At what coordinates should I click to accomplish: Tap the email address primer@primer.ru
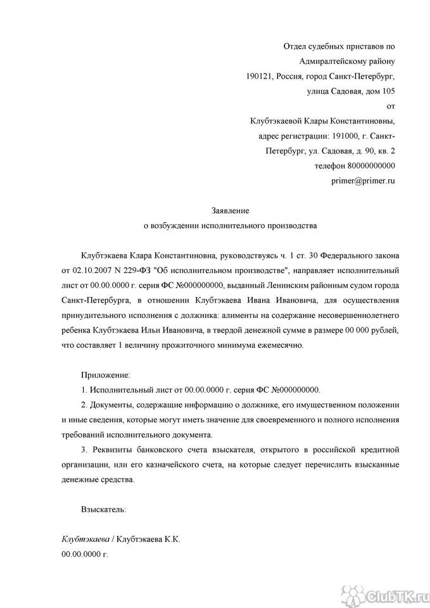coord(363,180)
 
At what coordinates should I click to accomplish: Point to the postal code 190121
coord(258,76)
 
